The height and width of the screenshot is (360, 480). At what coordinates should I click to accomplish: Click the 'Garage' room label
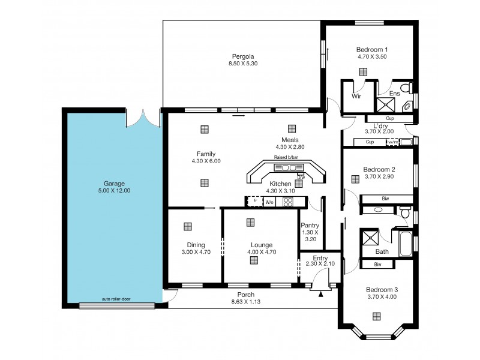point(113,184)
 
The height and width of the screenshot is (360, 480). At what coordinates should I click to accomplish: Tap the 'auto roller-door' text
point(116,299)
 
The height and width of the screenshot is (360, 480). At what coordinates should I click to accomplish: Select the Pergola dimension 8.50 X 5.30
point(242,63)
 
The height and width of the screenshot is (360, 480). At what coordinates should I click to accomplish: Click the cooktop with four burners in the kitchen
point(287,202)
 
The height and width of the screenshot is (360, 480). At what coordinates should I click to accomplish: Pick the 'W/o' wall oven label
point(270,202)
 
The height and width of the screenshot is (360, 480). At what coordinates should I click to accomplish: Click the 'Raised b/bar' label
point(286,157)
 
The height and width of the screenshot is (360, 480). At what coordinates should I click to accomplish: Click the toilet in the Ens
point(406,89)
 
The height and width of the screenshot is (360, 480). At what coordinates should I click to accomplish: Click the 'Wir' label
point(356,96)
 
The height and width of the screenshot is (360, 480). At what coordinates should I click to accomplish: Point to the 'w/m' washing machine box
point(392,142)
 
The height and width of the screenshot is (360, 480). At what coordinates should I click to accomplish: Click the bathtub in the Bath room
point(406,245)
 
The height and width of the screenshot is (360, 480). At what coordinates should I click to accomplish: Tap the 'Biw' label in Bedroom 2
point(385,199)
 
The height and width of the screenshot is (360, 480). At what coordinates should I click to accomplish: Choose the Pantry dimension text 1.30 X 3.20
point(310,235)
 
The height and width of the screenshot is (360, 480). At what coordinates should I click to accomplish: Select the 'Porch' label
point(245,295)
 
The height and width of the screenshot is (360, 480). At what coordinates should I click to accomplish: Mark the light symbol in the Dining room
point(188,226)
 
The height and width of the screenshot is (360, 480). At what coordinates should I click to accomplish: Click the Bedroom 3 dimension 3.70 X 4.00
point(383,296)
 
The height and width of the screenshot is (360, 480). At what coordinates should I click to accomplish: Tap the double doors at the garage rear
point(143,118)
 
